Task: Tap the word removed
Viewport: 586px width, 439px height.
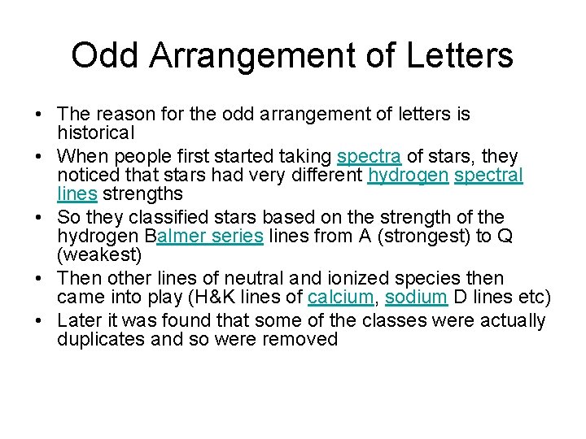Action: click(x=304, y=339)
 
